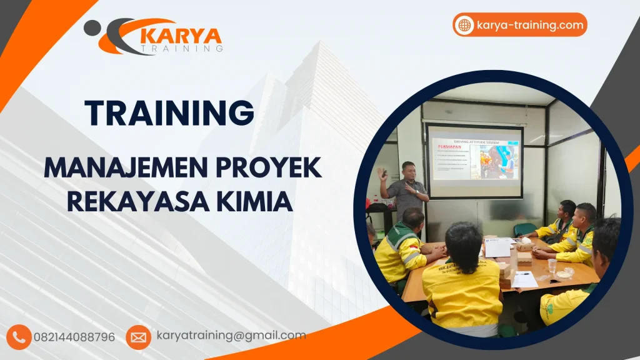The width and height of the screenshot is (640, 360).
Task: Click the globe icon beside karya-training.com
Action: [464, 26]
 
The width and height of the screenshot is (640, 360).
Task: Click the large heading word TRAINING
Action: [169, 113]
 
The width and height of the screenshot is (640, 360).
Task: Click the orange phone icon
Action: [19, 337]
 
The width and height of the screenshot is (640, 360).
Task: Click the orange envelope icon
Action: [138, 337]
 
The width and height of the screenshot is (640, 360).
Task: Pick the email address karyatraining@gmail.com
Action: [231, 336]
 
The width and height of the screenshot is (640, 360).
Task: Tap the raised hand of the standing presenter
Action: [382, 174]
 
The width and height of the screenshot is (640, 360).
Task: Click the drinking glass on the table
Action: [552, 266]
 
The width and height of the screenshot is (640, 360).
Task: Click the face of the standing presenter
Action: [407, 171]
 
